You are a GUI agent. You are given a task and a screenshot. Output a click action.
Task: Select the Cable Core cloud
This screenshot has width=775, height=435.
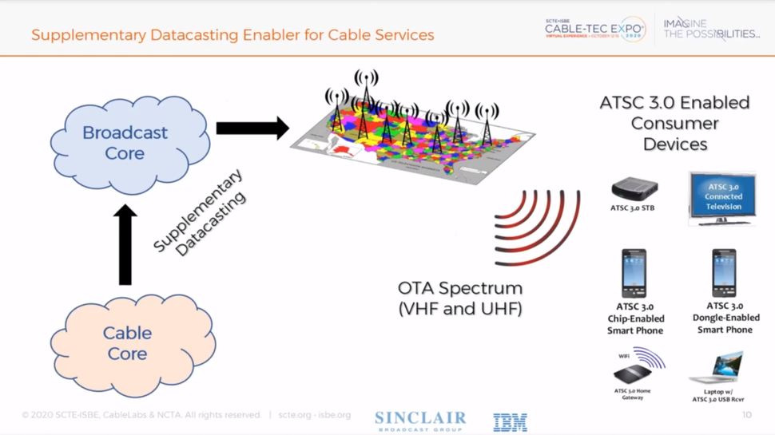pyautogui.click(x=128, y=344)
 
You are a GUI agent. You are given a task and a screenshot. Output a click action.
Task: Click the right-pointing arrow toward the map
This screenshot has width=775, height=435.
pyautogui.click(x=252, y=128)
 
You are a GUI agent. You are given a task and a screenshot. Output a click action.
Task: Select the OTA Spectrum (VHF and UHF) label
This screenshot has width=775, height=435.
pyautogui.click(x=459, y=298)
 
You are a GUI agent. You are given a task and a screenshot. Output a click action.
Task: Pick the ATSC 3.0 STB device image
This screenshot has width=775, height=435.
pyautogui.click(x=634, y=189)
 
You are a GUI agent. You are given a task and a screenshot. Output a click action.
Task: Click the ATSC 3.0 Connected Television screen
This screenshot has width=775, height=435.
pyautogui.click(x=722, y=197)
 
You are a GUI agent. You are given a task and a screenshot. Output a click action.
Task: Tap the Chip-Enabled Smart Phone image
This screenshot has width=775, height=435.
pyautogui.click(x=634, y=273)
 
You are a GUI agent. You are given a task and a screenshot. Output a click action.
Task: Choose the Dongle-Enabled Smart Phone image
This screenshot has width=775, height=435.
pyautogui.click(x=724, y=273)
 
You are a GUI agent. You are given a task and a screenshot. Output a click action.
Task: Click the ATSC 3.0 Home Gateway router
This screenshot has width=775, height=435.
pyautogui.click(x=633, y=373)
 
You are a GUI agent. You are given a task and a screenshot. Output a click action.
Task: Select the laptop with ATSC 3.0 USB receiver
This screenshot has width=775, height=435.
pyautogui.click(x=717, y=369)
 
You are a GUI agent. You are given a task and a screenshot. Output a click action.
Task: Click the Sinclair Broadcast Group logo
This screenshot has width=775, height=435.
pyautogui.click(x=420, y=421)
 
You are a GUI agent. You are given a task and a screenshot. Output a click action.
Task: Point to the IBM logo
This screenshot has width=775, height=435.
pyautogui.click(x=510, y=422)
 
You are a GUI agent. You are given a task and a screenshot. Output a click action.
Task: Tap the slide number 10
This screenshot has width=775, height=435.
pyautogui.click(x=746, y=415)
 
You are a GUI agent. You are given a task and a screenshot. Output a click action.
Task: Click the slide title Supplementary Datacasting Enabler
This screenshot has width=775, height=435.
pyautogui.click(x=232, y=35)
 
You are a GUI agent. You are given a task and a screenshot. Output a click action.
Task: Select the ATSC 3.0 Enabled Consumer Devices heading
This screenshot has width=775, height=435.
pyautogui.click(x=674, y=124)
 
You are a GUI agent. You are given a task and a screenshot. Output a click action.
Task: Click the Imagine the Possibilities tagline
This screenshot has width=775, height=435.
pyautogui.click(x=710, y=29)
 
